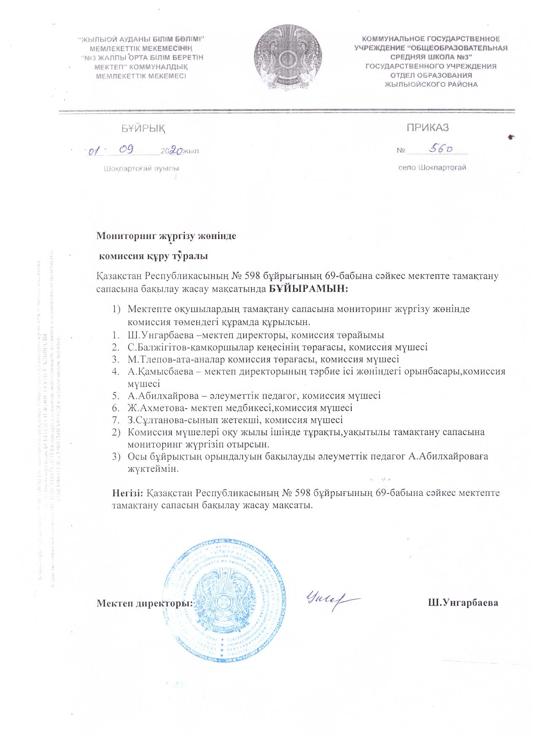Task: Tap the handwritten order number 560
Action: click(440, 148)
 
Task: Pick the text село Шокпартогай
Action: click(433, 168)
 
